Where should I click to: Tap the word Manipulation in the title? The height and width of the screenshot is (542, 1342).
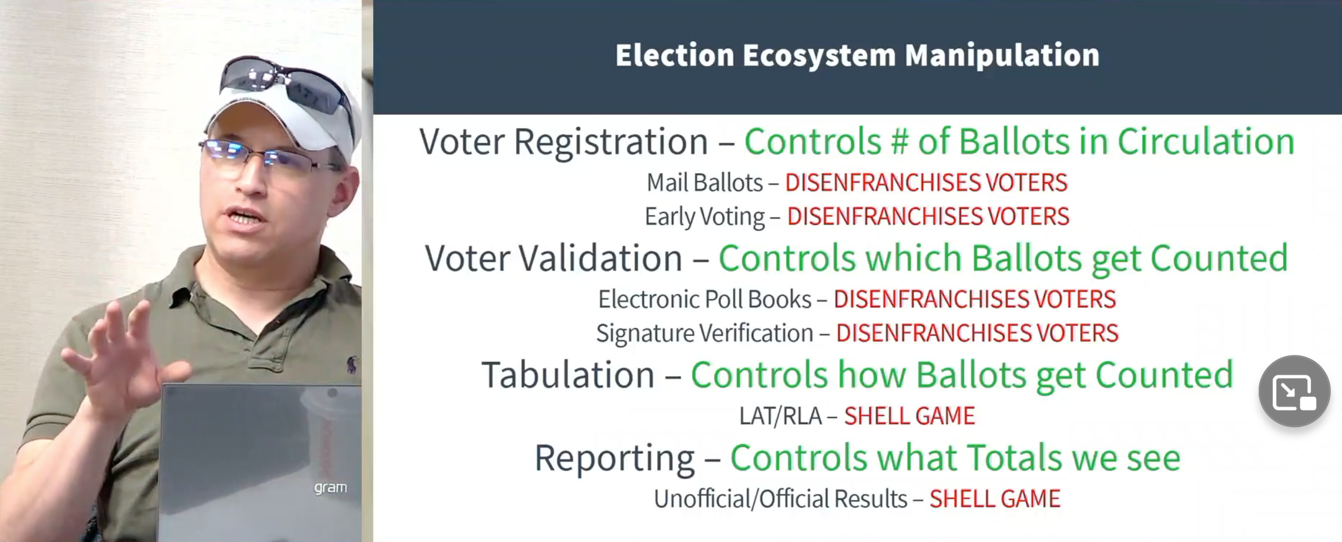(x=1002, y=55)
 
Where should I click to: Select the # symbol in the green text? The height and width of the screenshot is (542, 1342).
(x=899, y=141)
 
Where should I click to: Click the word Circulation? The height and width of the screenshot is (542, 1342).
(x=1206, y=141)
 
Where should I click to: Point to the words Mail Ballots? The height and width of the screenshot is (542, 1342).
(x=704, y=182)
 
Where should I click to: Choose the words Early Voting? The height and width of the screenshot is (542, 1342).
(x=705, y=216)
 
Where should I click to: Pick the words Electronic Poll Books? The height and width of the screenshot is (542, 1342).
(x=705, y=299)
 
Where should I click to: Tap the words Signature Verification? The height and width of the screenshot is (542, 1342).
(x=705, y=333)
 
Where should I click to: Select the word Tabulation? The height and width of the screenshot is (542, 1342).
(x=568, y=374)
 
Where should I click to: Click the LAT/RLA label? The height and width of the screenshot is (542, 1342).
(x=780, y=416)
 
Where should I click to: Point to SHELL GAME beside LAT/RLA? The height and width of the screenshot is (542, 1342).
(x=909, y=416)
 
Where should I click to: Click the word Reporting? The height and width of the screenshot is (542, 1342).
(x=615, y=458)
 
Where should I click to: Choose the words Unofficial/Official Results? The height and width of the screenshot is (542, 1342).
(x=780, y=499)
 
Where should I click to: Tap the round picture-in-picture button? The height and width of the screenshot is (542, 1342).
(x=1294, y=391)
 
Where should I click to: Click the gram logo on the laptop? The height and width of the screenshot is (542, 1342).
(x=330, y=488)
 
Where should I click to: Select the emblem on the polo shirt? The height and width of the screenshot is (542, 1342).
(x=352, y=364)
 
